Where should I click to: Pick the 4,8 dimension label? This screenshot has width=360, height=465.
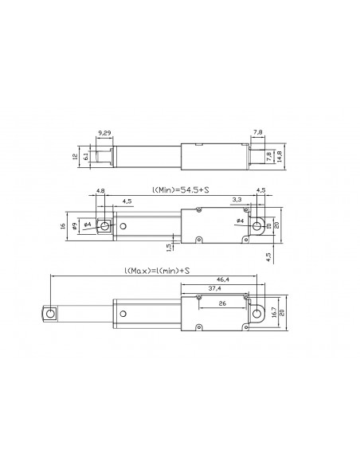tap(100, 190)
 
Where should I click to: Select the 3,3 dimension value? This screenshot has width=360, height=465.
tap(237, 199)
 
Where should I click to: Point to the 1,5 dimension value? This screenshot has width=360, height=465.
tap(169, 247)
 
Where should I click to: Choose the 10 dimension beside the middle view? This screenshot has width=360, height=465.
tap(268, 226)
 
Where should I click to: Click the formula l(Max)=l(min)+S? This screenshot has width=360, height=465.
tap(156, 271)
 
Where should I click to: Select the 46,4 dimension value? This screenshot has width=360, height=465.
tap(222, 279)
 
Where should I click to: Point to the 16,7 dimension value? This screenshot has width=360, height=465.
tap(274, 313)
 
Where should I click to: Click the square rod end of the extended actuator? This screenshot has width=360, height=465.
tap(50, 314)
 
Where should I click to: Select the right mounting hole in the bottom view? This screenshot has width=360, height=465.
tap(257, 314)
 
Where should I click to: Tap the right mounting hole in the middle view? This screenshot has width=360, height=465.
tap(257, 226)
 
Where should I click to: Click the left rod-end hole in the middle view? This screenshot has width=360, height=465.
tap(101, 226)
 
